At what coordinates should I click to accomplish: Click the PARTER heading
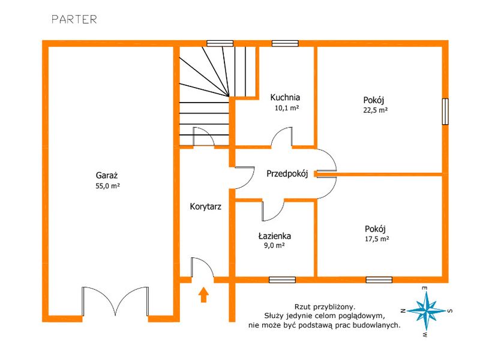[x=74, y=19]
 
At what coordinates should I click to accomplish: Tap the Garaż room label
[x=107, y=175]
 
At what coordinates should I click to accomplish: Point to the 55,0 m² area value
[x=107, y=186]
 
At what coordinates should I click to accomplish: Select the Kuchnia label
[x=285, y=98]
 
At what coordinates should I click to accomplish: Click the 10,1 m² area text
[x=287, y=108]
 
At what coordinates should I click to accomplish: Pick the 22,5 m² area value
[x=376, y=110]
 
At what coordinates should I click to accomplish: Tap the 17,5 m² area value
[x=377, y=239]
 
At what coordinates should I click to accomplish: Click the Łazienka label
[x=275, y=236]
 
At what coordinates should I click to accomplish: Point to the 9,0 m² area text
[x=275, y=245]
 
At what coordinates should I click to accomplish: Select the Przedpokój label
[x=287, y=174]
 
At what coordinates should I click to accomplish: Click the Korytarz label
[x=205, y=206]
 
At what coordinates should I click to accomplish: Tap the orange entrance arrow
[x=203, y=295]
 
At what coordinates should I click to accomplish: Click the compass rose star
[x=426, y=311]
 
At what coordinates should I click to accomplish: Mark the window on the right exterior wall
[x=445, y=112]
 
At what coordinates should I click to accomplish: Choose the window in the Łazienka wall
[x=282, y=280]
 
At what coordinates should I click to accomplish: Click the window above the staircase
[x=220, y=43]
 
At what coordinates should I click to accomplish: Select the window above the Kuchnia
[x=285, y=43]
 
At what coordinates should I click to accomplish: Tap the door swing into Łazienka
[x=272, y=211]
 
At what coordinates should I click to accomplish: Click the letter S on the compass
[x=449, y=311]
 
